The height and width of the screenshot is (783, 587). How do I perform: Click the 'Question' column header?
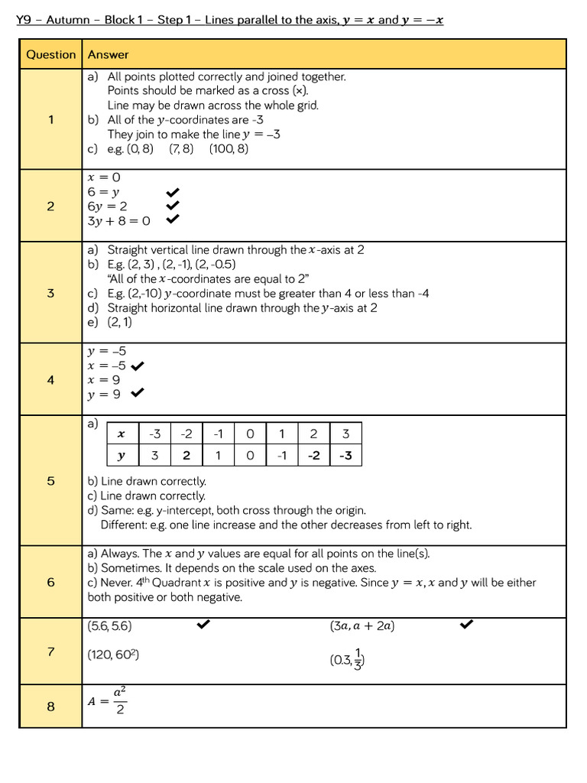tap(50, 54)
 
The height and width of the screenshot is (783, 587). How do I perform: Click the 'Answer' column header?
tap(109, 54)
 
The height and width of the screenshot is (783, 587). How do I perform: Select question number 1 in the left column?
tap(50, 119)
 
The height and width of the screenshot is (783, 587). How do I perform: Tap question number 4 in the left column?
tap(50, 379)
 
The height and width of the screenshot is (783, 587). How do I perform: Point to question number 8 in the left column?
tap(50, 706)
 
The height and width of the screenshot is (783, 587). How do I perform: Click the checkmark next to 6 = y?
tap(173, 192)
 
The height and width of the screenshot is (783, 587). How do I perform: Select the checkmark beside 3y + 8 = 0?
tap(173, 219)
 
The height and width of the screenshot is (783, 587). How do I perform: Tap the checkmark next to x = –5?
tap(138, 366)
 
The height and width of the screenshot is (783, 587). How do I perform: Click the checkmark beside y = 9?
tap(138, 393)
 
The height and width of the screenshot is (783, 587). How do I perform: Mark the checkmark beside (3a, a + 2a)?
tap(466, 625)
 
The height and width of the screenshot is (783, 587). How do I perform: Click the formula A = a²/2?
tap(108, 700)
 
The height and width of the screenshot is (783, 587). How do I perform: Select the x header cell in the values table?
tap(122, 434)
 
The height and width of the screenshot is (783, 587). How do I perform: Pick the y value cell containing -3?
tap(345, 456)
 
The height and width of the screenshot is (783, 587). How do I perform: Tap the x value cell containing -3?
tap(155, 434)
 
